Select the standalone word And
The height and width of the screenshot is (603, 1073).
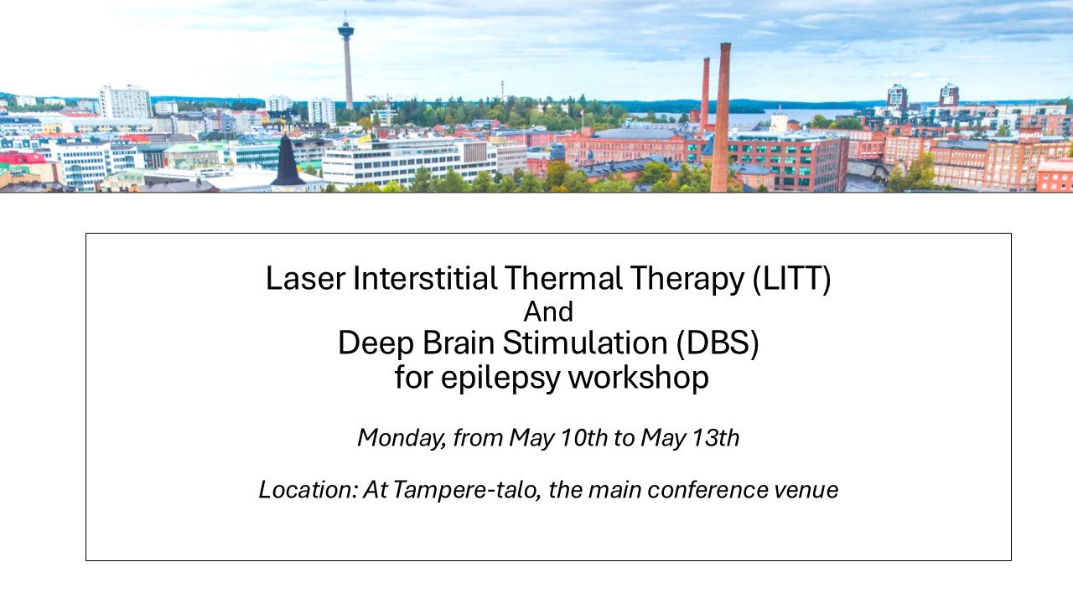[548, 312]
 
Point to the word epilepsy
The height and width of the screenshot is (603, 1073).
[500, 378]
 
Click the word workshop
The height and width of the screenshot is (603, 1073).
[638, 378]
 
